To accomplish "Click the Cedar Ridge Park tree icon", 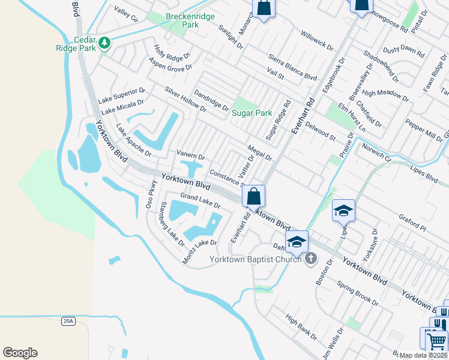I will (x=105, y=43).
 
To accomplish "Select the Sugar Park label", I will (x=252, y=113).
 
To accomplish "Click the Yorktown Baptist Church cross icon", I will (x=310, y=259).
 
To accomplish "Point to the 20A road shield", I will (x=68, y=321).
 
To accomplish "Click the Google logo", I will (x=20, y=352).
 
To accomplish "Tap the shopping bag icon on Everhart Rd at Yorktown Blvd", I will (x=254, y=196).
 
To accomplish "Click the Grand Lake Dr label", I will (x=200, y=201).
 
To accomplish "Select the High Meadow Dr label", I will (x=385, y=95).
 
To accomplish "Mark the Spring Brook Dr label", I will (x=357, y=294).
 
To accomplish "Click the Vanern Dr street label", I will (x=190, y=155).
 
